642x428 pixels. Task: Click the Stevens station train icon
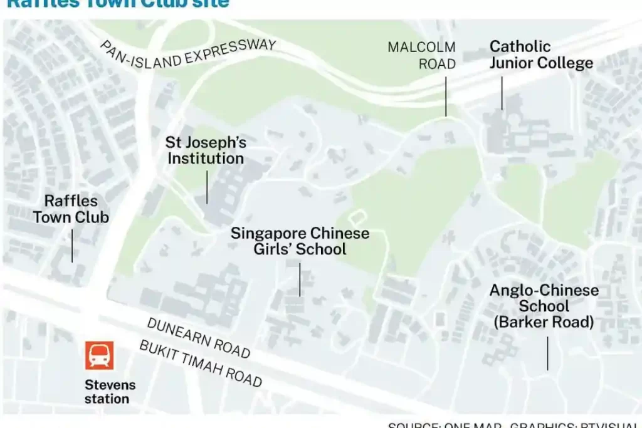pyautogui.click(x=100, y=355)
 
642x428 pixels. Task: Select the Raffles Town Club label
pyautogui.click(x=71, y=209)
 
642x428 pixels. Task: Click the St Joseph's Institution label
pyautogui.click(x=206, y=150)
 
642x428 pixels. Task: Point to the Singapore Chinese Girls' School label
pyautogui.click(x=300, y=241)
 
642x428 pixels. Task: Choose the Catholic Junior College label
pyautogui.click(x=541, y=55)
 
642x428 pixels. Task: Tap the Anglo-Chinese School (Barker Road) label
pyautogui.click(x=544, y=306)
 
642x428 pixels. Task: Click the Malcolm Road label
pyautogui.click(x=421, y=56)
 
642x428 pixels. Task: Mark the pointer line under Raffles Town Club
pyautogui.click(x=72, y=246)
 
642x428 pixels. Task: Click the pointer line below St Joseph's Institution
pyautogui.click(x=207, y=187)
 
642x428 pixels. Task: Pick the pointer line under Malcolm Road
pyautogui.click(x=446, y=97)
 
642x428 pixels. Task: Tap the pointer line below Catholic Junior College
pyautogui.click(x=502, y=93)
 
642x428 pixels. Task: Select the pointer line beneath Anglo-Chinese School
pyautogui.click(x=547, y=353)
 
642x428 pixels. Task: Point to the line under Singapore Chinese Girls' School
pyautogui.click(x=300, y=279)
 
